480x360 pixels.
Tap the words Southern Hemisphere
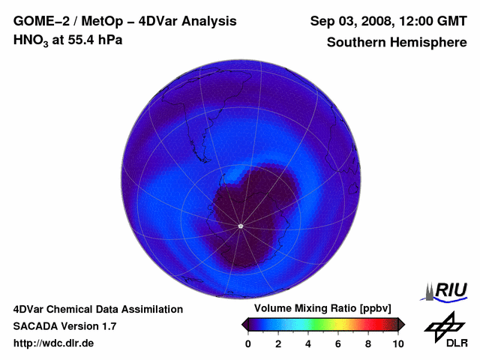(396, 42)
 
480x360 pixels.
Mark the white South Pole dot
(240, 226)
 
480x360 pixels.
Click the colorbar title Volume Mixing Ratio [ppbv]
(322, 309)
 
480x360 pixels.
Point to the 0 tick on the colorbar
(248, 343)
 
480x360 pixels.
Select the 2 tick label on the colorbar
(278, 343)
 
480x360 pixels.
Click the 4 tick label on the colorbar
(308, 343)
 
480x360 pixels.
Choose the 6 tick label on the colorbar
(338, 343)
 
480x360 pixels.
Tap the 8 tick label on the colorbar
(368, 343)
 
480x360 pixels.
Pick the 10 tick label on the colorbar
(397, 343)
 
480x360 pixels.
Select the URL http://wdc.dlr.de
(54, 343)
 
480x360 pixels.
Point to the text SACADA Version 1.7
(64, 326)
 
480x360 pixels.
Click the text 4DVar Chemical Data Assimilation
(98, 309)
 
